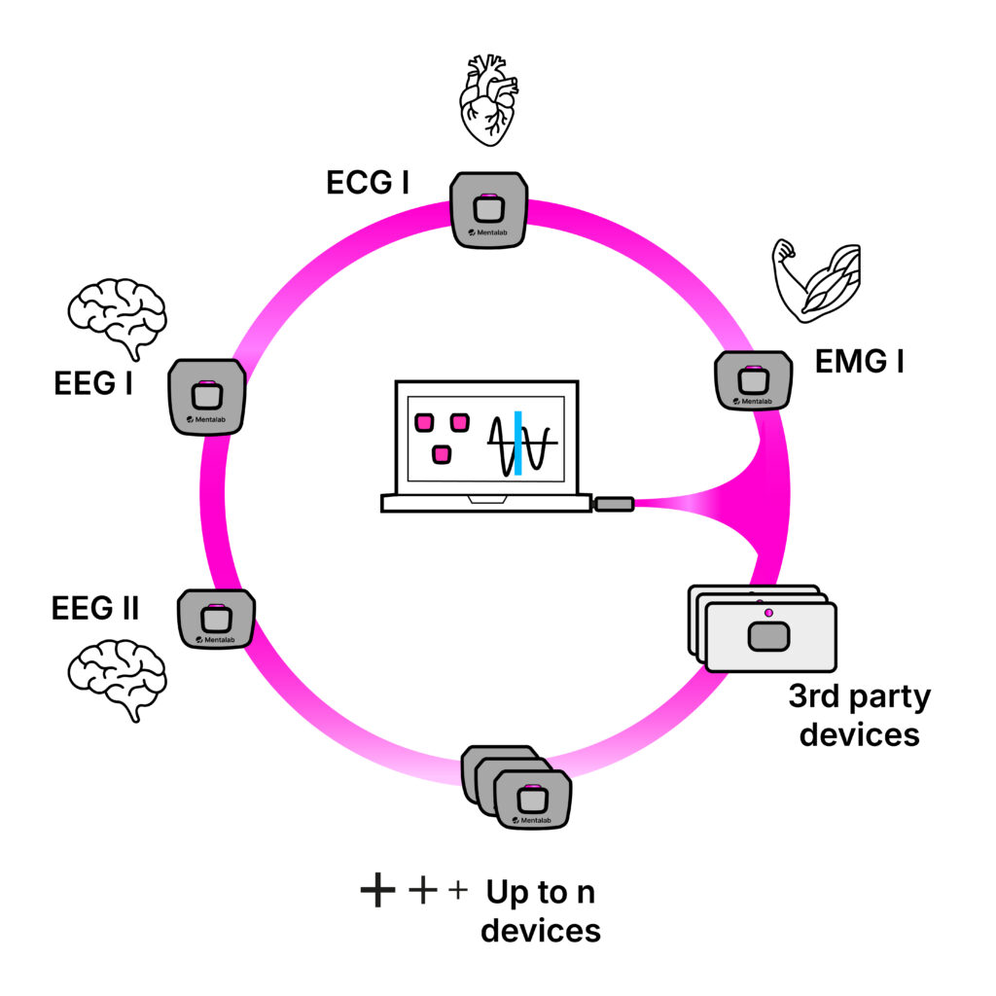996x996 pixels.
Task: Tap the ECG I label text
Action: pos(368,181)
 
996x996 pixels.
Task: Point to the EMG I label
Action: pos(859,363)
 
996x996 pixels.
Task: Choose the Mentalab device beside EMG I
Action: pos(753,379)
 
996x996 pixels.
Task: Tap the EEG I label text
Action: pos(93,383)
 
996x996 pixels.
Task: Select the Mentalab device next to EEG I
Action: pos(206,396)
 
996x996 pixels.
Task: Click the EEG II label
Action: pos(95,610)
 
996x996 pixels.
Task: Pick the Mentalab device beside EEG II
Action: pos(215,619)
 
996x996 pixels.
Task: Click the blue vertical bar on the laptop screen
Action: pos(518,444)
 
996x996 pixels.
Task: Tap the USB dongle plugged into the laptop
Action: pos(614,504)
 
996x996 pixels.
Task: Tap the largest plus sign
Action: pos(376,891)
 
